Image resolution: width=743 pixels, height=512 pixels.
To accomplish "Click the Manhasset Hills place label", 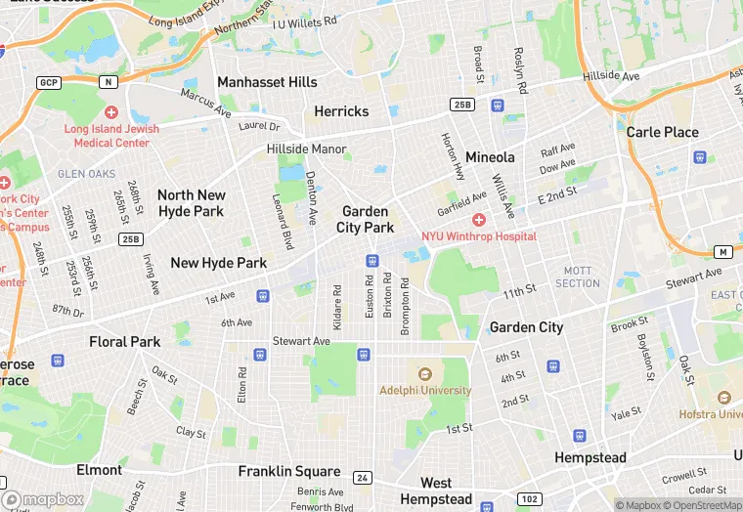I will [267, 82].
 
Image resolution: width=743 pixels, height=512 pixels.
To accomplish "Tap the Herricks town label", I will [341, 111].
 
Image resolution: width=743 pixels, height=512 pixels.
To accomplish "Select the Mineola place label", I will [490, 156].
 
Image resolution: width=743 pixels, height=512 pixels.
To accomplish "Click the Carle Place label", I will [662, 132].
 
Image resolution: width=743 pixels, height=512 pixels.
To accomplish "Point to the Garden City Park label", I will [365, 219].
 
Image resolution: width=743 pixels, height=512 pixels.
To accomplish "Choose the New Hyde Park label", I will [218, 262].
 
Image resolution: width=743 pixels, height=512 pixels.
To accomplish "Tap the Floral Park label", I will [124, 342].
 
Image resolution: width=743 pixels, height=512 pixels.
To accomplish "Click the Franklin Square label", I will [289, 471].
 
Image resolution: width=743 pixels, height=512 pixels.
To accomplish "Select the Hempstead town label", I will [590, 457].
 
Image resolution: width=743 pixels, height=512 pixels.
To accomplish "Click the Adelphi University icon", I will [424, 374].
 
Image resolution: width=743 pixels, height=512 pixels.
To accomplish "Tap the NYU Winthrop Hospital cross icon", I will [479, 220].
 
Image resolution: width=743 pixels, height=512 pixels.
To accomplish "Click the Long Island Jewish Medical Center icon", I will [110, 113].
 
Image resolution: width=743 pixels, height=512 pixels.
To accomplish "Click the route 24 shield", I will [363, 478].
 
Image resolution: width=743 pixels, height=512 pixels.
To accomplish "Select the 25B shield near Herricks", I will [462, 105].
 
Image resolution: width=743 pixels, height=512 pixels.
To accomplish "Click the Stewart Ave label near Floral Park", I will [302, 341].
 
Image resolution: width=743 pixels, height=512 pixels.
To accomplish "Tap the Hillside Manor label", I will [307, 149].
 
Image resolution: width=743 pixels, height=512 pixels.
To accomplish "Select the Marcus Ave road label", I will [205, 103].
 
